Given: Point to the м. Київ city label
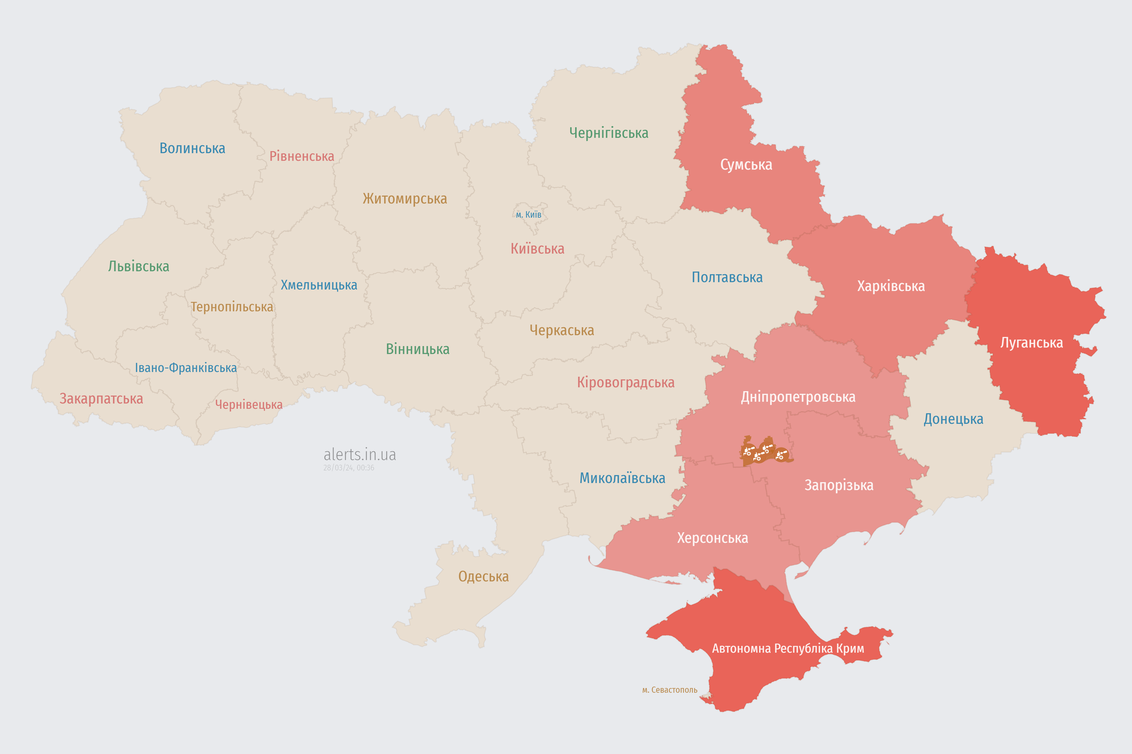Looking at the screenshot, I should (x=529, y=214).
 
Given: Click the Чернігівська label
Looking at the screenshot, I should (x=608, y=133).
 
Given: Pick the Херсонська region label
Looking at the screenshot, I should (x=712, y=538).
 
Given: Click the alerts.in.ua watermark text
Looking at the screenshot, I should (x=360, y=454).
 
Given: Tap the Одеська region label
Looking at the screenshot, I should (x=483, y=577).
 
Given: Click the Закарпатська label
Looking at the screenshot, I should (x=101, y=399).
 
